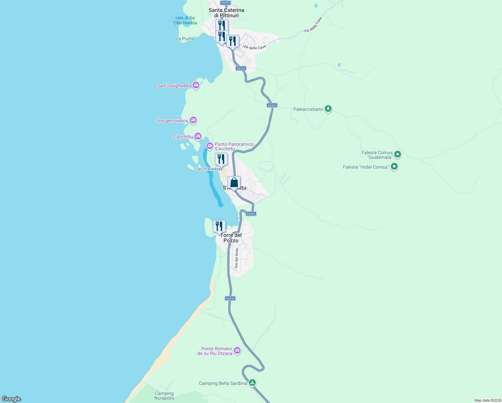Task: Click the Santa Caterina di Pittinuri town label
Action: pos(226,13)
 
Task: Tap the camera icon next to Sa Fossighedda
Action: pos(196,85)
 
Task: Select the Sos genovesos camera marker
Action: pos(193,120)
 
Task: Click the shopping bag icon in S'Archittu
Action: pos(234,183)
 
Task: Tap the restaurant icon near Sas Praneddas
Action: pos(221,159)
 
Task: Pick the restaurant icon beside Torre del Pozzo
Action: pos(219,226)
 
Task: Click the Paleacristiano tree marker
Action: pos(328,108)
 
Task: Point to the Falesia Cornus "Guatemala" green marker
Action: pos(398,154)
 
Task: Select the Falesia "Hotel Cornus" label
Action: pos(366,167)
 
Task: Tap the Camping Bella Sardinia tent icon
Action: pos(252,383)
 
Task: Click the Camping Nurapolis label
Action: pos(164,396)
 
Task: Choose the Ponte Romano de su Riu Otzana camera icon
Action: pos(237,350)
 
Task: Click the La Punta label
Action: pos(185,39)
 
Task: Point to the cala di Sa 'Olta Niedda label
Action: pos(185,20)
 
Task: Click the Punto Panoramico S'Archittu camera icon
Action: pos(210,146)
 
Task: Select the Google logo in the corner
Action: pos(11,399)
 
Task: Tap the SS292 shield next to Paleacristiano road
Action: pos(272,105)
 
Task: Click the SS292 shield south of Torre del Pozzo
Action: pos(230,299)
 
